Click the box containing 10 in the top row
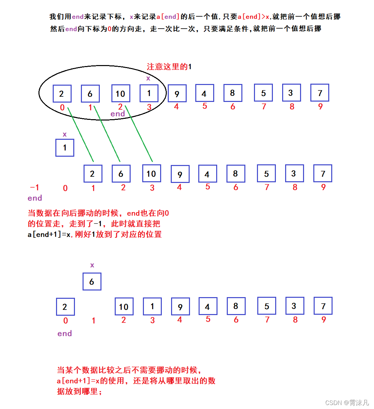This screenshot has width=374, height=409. tap(121, 94)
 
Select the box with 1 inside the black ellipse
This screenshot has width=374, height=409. tap(149, 93)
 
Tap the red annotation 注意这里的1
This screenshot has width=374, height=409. tap(169, 67)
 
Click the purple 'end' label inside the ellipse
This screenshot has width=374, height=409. tap(118, 114)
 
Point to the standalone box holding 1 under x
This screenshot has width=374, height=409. tap(65, 148)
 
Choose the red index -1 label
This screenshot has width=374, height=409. tap(34, 188)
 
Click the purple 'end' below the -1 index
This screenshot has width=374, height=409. tap(35, 198)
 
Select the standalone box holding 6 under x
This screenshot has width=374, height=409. tap(92, 282)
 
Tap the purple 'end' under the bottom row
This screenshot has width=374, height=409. tap(65, 334)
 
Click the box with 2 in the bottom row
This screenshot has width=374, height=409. tap(65, 307)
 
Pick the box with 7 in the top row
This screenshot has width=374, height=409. tap(320, 93)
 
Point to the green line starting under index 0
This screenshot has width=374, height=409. tap(81, 134)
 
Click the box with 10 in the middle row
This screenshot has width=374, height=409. tap(152, 174)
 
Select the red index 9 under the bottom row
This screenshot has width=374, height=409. tap(324, 320)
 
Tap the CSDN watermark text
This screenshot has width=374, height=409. tap(347, 403)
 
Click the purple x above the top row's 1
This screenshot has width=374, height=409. tap(148, 78)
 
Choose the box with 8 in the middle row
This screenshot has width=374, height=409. tap(236, 174)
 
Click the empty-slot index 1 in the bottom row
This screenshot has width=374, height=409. tap(93, 320)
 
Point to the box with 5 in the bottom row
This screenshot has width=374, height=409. tap(267, 306)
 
